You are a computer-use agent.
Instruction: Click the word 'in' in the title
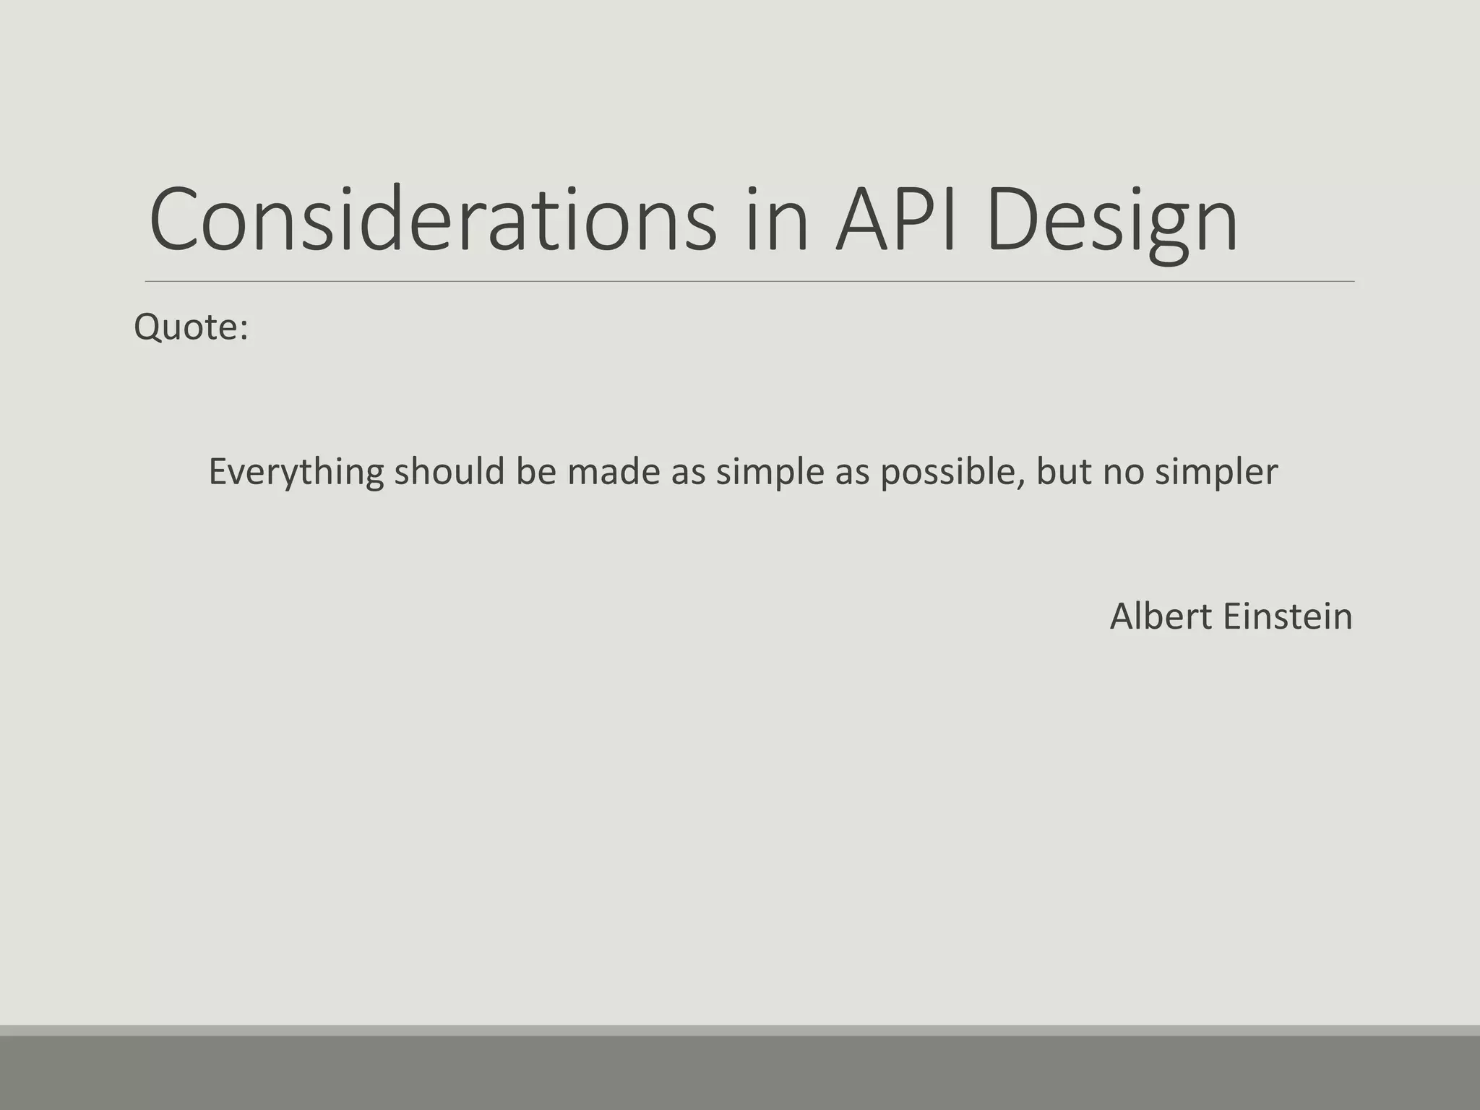(x=776, y=220)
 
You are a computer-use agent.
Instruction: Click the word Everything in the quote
(x=296, y=472)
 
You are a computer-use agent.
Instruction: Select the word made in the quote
(x=614, y=472)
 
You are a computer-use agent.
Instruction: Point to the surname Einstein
(x=1288, y=616)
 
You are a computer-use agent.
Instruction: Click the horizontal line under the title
(x=749, y=281)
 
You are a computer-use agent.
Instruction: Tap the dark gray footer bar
(x=740, y=1073)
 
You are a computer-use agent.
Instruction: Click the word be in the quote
(x=535, y=472)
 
